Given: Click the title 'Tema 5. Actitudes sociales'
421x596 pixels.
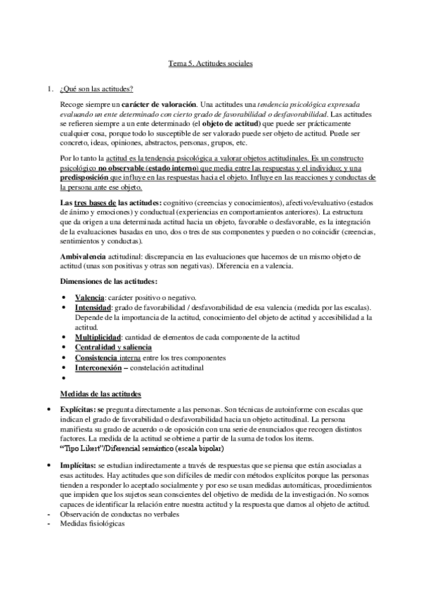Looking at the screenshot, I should tap(210, 63).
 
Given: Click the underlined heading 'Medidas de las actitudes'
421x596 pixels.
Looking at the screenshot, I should tap(101, 394).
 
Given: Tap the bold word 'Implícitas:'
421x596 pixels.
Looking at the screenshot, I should tap(82, 466).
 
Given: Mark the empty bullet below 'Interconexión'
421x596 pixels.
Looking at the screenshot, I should tap(64, 377).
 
